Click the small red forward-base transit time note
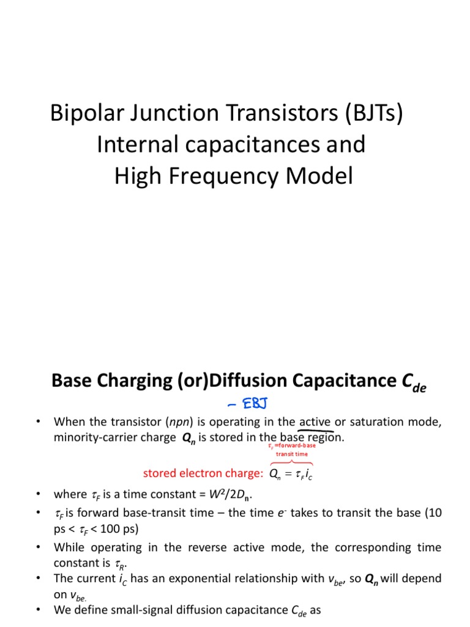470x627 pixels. click(x=292, y=450)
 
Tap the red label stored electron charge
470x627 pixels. click(x=203, y=473)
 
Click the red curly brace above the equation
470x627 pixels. click(x=291, y=462)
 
